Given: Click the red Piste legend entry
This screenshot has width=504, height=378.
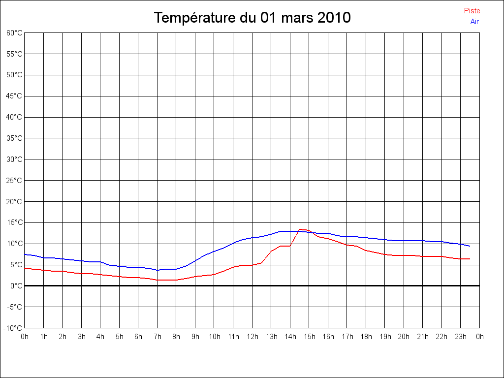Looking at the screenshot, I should (x=472, y=11).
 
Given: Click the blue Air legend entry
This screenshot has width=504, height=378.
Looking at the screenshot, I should (x=474, y=22).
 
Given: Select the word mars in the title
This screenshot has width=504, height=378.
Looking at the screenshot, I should (x=297, y=18).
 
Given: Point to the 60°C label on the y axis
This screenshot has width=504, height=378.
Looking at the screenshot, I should (x=14, y=33).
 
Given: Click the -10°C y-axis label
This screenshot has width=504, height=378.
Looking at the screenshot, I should (x=13, y=328).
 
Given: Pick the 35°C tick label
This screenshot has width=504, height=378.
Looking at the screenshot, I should (x=14, y=138).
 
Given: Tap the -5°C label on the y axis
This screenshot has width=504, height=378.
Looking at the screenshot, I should (x=14, y=307).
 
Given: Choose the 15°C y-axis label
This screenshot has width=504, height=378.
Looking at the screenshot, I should (x=14, y=222).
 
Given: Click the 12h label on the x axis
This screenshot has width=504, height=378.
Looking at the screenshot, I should (x=252, y=337).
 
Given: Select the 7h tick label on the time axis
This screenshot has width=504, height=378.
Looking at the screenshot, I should (x=157, y=337).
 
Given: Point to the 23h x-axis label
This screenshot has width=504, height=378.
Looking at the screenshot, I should (x=461, y=337).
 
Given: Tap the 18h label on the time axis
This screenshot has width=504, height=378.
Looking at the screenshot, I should (x=366, y=337).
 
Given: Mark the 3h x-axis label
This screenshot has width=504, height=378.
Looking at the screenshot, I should (x=82, y=337).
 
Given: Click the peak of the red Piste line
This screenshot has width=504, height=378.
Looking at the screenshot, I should (x=300, y=229).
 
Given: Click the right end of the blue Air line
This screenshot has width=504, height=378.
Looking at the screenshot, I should (x=470, y=246).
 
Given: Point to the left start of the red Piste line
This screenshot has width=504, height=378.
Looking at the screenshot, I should (x=25, y=268).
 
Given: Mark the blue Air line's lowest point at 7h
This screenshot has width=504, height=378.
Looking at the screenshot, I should (x=157, y=270).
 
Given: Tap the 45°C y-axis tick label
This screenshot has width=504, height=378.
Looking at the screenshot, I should (x=14, y=96).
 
